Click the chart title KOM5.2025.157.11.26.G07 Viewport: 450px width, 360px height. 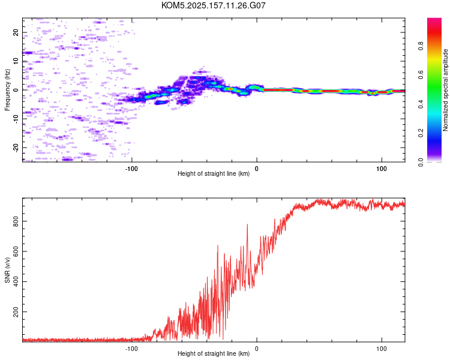[213, 5]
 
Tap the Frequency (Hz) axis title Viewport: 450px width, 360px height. [7, 90]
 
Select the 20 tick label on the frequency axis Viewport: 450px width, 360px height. [16, 32]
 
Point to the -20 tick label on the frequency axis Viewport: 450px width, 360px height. [16, 148]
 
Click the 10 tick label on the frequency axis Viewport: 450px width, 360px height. [16, 61]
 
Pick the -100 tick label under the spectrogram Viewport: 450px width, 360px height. [131, 169]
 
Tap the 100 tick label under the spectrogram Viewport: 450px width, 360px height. [382, 169]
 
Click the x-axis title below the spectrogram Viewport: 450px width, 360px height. [214, 173]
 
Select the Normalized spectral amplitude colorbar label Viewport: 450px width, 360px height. [445, 90]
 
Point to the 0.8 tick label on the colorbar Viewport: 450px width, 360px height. [421, 46]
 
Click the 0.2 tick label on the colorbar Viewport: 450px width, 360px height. [421, 133]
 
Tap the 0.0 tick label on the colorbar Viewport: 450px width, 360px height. [421, 162]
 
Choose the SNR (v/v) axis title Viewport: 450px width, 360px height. [7, 270]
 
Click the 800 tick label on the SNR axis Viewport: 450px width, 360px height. [16, 221]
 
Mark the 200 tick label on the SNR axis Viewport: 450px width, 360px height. [16, 311]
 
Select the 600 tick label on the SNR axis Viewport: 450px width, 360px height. [16, 251]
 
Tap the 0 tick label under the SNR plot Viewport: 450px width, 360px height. [257, 349]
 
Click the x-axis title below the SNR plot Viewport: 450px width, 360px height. [214, 353]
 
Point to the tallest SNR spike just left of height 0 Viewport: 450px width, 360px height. [247, 224]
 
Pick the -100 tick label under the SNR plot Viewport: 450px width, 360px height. [131, 349]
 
